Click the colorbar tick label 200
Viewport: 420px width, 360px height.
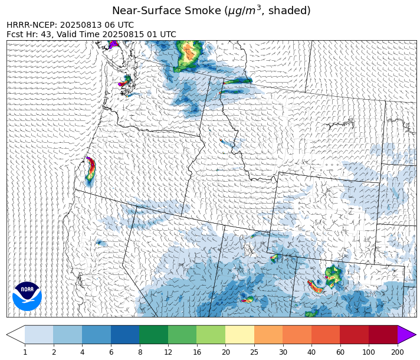pos(397,352)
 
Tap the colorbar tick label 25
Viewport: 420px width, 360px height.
pos(254,352)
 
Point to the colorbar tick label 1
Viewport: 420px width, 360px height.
pos(25,352)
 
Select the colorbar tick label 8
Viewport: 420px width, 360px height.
pos(139,352)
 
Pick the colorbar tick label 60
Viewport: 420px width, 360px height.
pos(340,352)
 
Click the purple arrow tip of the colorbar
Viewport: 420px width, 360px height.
pos(406,335)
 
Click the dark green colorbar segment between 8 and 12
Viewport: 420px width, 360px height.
pos(153,335)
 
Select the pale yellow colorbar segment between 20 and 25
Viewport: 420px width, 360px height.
pos(239,335)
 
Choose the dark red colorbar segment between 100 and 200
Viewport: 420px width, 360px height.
pos(383,335)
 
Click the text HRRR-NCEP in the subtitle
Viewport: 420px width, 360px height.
pos(31,25)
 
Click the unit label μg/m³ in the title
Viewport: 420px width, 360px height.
pos(246,11)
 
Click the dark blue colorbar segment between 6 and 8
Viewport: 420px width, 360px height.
pos(125,335)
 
